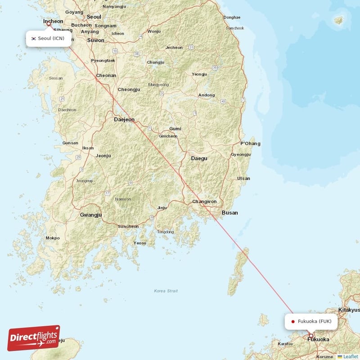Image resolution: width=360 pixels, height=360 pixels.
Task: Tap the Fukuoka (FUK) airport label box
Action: tap(311, 321)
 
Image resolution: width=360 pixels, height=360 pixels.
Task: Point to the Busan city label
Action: tap(229, 212)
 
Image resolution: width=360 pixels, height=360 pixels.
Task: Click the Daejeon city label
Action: tap(124, 120)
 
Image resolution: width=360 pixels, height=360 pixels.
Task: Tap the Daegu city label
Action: tap(199, 158)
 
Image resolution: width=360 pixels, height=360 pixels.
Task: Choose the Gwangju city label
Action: tap(91, 215)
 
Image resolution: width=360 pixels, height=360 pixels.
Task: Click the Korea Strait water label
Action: tap(166, 291)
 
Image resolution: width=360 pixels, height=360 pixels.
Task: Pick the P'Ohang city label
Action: tap(250, 144)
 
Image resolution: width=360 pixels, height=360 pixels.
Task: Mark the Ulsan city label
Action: tap(243, 178)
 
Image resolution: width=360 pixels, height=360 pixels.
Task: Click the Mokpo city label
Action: tap(52, 238)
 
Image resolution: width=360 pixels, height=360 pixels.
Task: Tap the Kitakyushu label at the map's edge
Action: tap(349, 310)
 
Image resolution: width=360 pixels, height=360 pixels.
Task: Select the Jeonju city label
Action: tap(103, 156)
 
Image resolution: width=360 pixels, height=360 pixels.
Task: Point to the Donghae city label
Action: tap(232, 17)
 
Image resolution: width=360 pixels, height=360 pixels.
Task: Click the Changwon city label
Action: tap(204, 202)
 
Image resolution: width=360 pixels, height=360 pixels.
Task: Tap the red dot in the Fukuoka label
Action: tap(293, 321)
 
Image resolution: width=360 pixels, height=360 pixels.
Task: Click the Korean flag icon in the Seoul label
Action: tap(33, 38)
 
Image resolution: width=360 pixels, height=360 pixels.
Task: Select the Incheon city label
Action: tap(53, 21)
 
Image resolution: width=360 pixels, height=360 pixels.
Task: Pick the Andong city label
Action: tap(207, 95)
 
